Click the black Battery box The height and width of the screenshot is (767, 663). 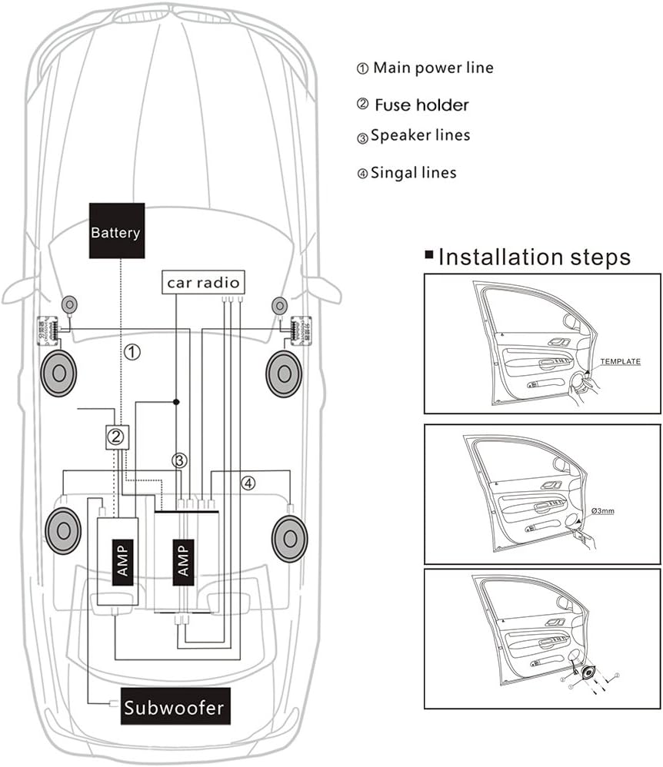click(116, 231)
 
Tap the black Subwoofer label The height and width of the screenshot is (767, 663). click(175, 706)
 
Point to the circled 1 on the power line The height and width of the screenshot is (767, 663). click(133, 353)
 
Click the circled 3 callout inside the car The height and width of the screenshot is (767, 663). click(179, 461)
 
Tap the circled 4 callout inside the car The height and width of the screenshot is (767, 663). click(247, 483)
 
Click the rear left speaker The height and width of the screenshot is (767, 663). click(62, 530)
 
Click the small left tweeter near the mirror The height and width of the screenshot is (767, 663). click(69, 303)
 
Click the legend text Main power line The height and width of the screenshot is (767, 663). click(433, 68)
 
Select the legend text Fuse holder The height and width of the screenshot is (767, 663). click(421, 105)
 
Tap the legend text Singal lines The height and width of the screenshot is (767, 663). click(413, 173)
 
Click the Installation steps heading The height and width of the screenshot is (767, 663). click(534, 256)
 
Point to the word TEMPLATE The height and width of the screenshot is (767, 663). click(620, 361)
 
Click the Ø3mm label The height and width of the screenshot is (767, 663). click(601, 510)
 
